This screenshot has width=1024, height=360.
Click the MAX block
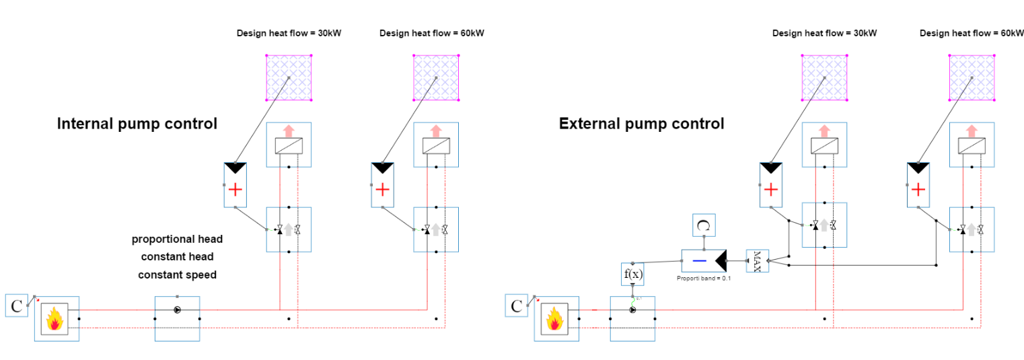tap(758, 261)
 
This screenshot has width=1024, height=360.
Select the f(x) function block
tap(632, 275)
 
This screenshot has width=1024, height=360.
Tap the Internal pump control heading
tap(137, 124)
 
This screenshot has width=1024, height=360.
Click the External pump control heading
tap(641, 124)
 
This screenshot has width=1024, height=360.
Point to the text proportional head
tap(178, 240)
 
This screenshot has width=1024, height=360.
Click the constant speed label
tap(178, 275)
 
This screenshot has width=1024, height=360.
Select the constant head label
tap(178, 257)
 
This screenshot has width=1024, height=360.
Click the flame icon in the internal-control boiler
tap(54, 319)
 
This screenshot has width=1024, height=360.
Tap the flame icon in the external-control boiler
tap(554, 319)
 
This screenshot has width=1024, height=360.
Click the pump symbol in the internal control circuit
tap(178, 310)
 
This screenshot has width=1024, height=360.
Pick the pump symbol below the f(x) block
tap(632, 310)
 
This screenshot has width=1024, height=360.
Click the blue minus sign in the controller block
tap(700, 261)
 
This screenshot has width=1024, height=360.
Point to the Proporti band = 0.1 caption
tap(704, 279)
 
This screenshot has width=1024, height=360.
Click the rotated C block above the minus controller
tap(704, 225)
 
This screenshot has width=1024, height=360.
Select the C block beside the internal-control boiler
tap(16, 305)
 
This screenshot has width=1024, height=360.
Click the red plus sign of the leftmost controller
tap(235, 189)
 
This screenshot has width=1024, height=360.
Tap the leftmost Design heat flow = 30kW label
tap(289, 34)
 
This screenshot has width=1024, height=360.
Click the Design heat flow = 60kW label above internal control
tap(431, 34)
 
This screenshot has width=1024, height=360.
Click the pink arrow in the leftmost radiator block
tap(289, 131)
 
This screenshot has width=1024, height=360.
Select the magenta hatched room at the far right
tap(972, 78)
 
